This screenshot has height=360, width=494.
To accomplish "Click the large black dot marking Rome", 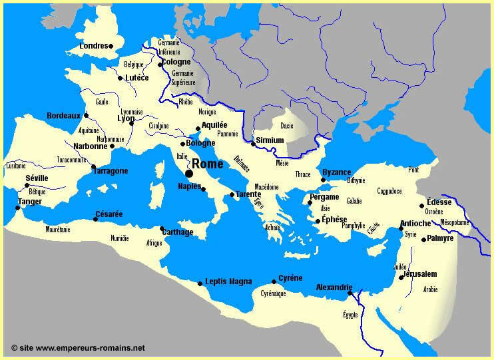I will pyautogui.click(x=189, y=173).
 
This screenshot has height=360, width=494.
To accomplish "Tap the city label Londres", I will pyautogui.click(x=93, y=46).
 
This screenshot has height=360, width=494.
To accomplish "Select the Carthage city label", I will pyautogui.click(x=177, y=232).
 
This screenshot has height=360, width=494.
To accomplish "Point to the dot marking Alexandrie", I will pyautogui.click(x=350, y=292).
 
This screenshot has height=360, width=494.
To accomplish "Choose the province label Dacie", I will pyautogui.click(x=286, y=125).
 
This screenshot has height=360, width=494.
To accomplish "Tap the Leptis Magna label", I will pyautogui.click(x=228, y=281).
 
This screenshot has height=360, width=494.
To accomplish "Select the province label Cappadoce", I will pyautogui.click(x=389, y=191).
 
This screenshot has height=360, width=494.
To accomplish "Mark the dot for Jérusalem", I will pyautogui.click(x=401, y=277).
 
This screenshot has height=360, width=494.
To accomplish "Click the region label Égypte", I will pyautogui.click(x=350, y=315).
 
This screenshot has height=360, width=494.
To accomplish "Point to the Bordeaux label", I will pyautogui.click(x=63, y=115).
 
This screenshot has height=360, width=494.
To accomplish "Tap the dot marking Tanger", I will pyautogui.click(x=17, y=207).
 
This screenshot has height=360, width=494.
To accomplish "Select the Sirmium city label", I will pyautogui.click(x=270, y=140).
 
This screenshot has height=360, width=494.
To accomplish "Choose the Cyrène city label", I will pyautogui.click(x=290, y=277).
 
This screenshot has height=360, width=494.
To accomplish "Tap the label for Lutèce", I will pyautogui.click(x=136, y=77).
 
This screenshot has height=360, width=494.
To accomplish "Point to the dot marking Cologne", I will pyautogui.click(x=160, y=65).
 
